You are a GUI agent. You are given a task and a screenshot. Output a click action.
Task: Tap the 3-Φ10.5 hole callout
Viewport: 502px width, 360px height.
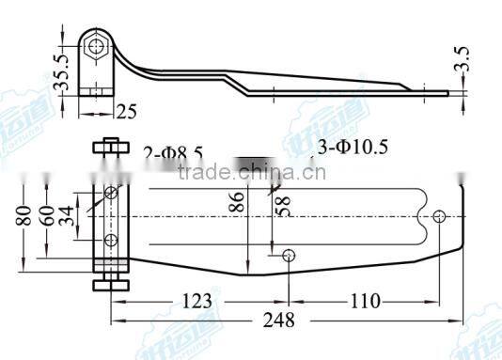tap(355, 146)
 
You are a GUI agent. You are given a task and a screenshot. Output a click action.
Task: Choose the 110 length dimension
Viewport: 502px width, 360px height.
tap(360, 301)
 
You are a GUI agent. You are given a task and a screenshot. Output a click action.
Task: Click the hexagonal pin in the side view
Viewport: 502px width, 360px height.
tap(96, 44)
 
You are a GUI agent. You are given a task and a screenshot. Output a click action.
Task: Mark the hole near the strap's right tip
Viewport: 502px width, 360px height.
tap(440, 216)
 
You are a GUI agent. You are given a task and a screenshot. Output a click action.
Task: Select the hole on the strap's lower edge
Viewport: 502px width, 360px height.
tap(288, 255)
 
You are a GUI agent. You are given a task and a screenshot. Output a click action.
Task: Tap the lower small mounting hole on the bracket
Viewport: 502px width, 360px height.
tap(111, 241)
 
